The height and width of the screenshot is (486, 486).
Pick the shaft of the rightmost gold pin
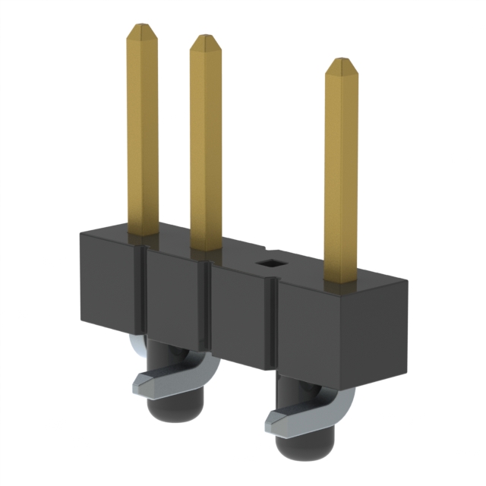click(x=341, y=182)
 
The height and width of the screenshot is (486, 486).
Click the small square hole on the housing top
click(x=269, y=264)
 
